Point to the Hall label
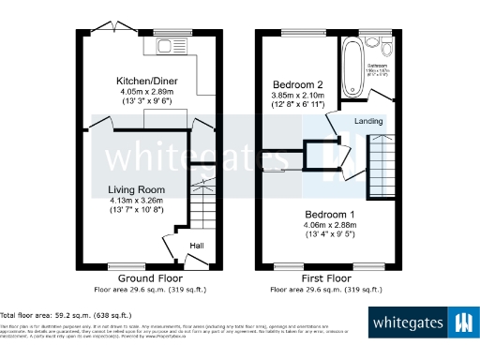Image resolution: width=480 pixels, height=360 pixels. (197, 246)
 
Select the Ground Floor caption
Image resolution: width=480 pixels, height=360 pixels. (149, 278)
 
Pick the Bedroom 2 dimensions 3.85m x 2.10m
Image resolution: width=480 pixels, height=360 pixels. (297, 94)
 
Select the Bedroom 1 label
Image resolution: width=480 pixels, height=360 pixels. (333, 214)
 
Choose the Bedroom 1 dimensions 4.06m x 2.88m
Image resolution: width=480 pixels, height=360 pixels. (335, 224)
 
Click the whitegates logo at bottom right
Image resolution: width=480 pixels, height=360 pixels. (422, 323)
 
